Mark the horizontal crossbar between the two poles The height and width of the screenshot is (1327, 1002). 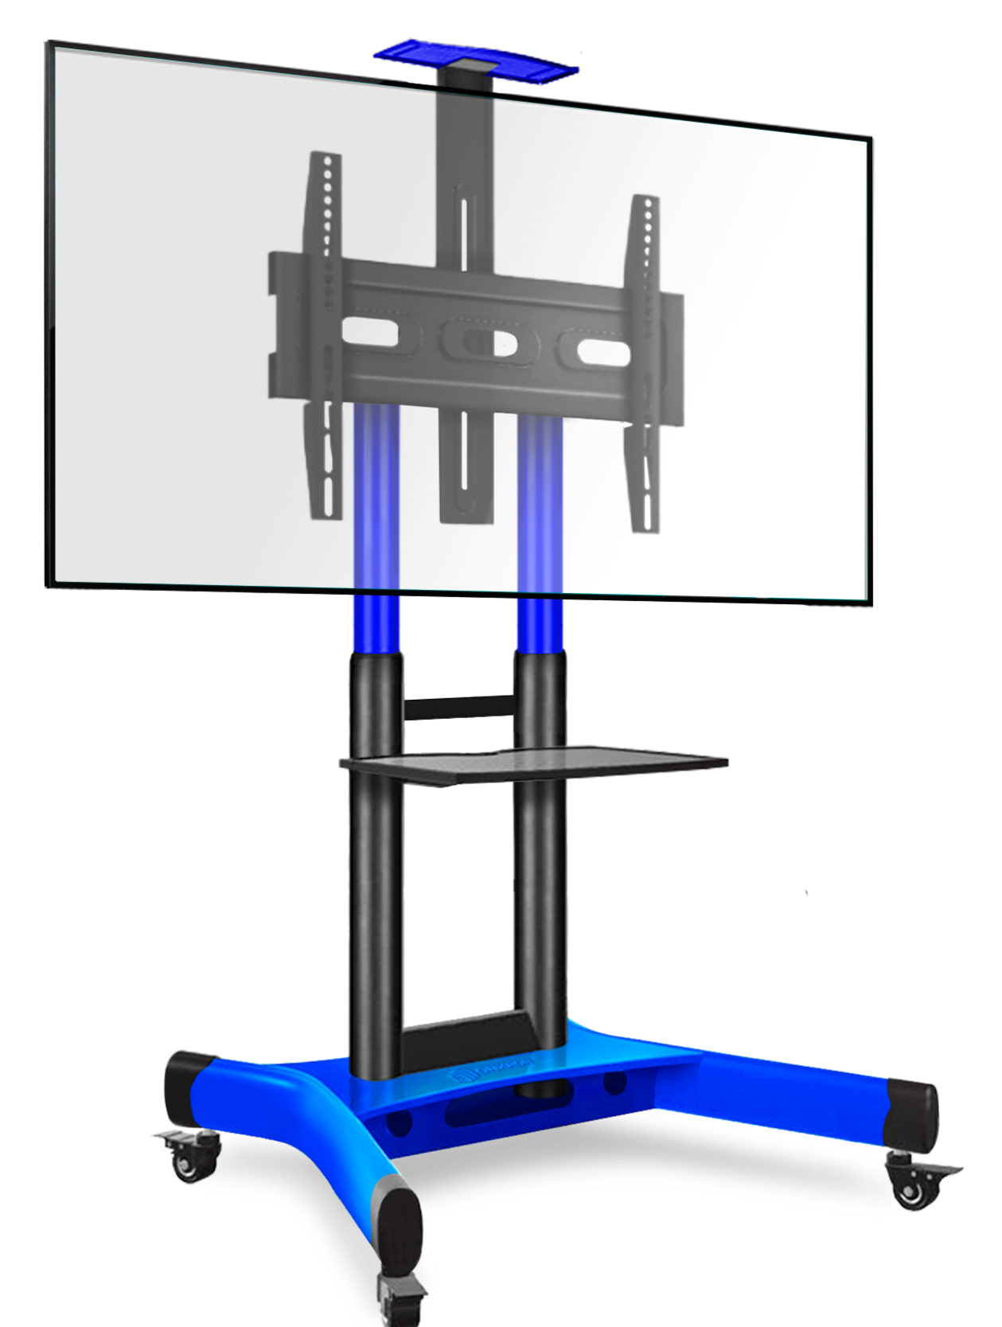coord(459,706)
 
